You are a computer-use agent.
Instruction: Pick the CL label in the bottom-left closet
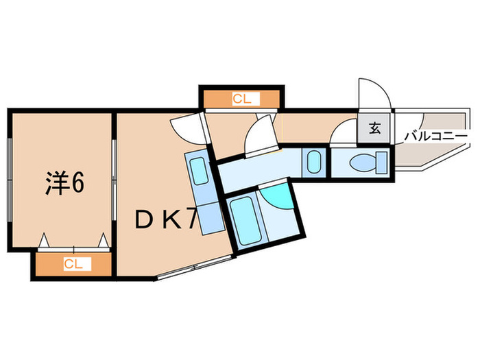point(73,263)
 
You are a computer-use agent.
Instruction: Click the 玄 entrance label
point(374,128)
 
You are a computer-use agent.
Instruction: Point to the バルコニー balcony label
point(435,136)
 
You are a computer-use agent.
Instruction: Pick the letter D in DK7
point(143,219)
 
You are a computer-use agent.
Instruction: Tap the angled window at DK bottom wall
point(195,267)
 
